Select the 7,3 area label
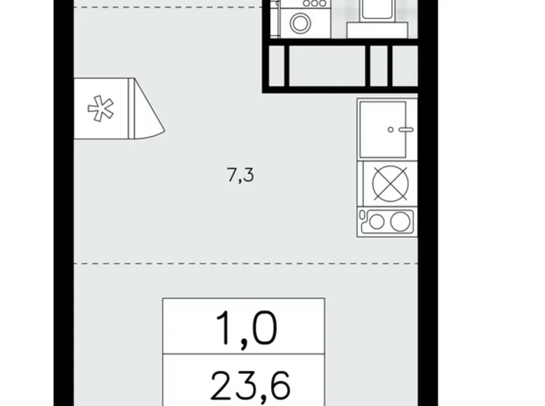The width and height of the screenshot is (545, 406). click(240, 176)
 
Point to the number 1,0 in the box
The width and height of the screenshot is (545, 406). click(244, 328)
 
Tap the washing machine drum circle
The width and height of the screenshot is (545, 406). click(300, 24)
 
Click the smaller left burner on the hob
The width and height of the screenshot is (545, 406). click(377, 223)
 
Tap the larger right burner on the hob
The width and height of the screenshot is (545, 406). click(399, 223)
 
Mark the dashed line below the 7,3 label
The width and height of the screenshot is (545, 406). click(210, 264)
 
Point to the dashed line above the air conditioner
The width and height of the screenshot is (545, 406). click(168, 8)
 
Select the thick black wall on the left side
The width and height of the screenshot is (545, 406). click(63, 210)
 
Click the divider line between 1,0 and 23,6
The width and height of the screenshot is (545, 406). click(244, 356)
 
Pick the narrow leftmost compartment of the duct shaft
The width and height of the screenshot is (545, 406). click(277, 66)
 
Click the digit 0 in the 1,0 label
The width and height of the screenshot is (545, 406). click(264, 328)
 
